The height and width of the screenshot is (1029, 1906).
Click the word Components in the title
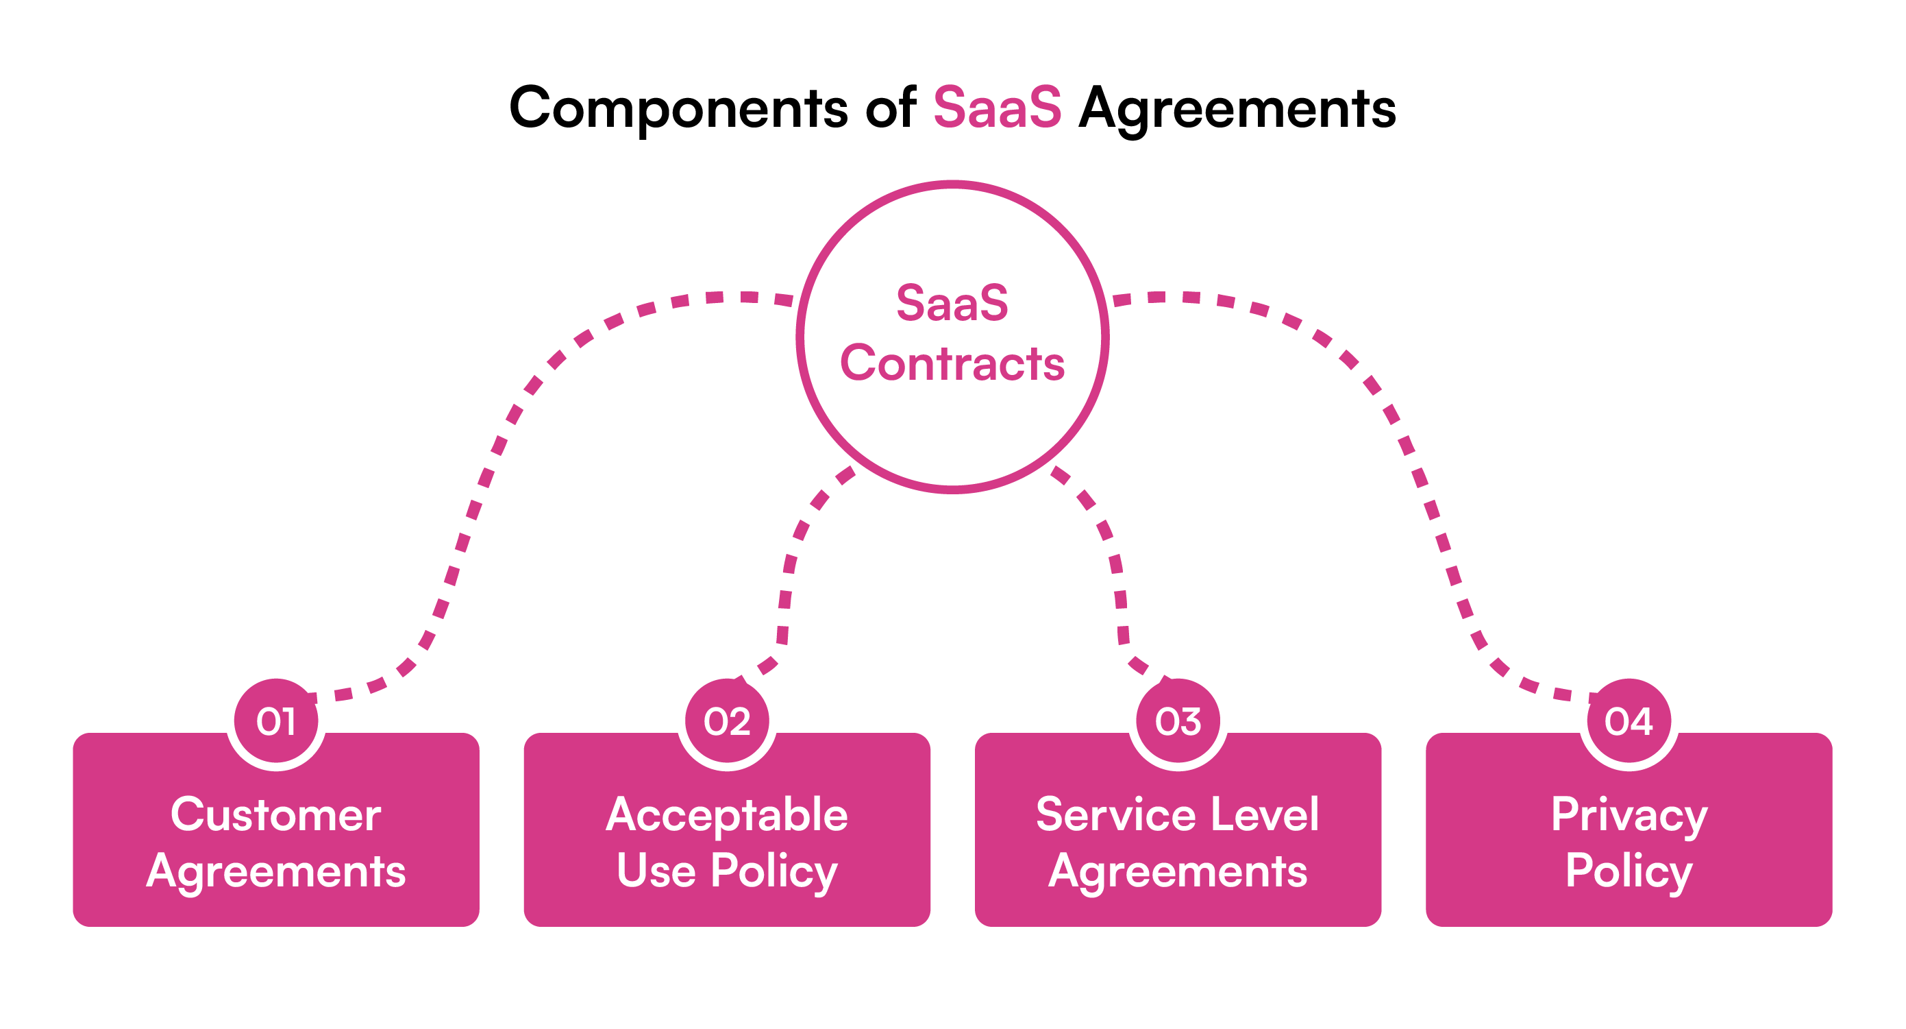coord(678,108)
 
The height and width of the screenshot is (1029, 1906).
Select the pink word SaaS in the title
coord(997,108)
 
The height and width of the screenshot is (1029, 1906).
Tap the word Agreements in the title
coord(1237,108)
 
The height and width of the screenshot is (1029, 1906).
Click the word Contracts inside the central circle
coord(952,363)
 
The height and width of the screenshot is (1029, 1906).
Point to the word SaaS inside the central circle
coord(952,303)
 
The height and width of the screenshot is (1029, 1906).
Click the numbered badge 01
coord(276,721)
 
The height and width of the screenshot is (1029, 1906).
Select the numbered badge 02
coord(727,721)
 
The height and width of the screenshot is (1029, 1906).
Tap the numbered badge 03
coord(1178,721)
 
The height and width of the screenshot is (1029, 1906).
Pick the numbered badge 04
coord(1629,721)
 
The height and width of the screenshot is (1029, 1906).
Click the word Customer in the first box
coord(276,814)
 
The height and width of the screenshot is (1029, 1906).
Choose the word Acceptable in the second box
coord(727,814)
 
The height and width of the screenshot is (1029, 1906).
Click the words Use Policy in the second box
coord(727,871)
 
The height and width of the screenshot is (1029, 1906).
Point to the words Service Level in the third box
coord(1177,814)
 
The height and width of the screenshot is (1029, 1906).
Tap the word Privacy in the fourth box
coord(1629,814)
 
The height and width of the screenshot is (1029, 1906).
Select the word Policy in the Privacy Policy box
coord(1629,871)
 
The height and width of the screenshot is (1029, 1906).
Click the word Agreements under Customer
coord(276,871)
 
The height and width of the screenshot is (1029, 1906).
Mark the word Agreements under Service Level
coord(1177,871)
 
